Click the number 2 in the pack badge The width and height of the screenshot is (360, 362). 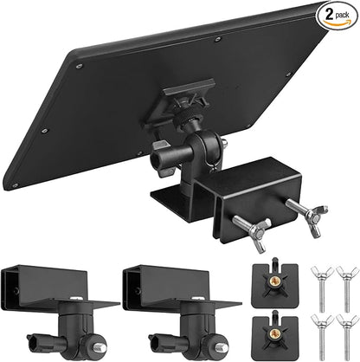pos(329,14)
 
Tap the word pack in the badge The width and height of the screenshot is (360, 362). pos(342,15)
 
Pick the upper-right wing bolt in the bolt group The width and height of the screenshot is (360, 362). pos(346,289)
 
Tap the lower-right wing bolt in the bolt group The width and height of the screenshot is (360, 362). pos(346,337)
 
